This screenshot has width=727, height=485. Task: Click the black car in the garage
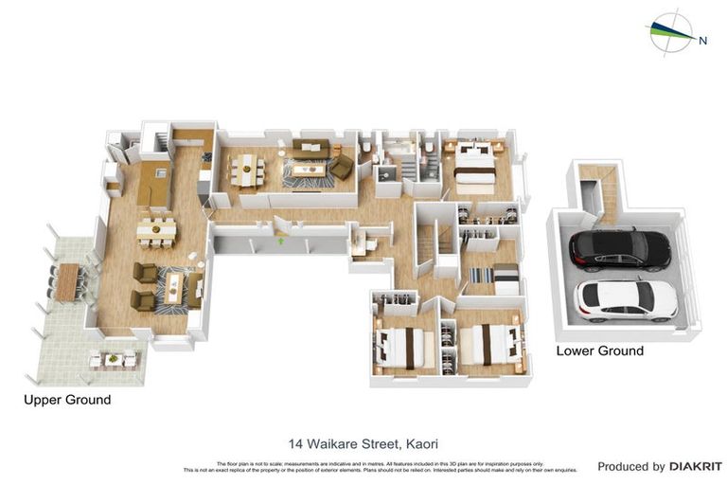click(619, 250)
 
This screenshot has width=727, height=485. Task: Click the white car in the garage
click(626, 298)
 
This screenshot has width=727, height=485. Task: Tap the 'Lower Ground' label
click(599, 351)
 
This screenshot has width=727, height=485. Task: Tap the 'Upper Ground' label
click(67, 401)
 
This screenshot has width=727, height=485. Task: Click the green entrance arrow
click(281, 242)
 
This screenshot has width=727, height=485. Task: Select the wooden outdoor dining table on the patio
click(67, 282)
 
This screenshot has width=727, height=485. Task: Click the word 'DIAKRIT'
click(696, 467)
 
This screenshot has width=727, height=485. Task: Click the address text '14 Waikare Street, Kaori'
click(363, 443)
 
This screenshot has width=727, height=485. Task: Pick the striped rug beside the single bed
click(479, 275)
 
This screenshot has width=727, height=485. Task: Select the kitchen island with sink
click(153, 184)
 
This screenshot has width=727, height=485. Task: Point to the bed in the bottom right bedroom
click(488, 343)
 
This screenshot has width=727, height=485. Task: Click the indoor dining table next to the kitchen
click(156, 231)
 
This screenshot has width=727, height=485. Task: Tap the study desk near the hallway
click(361, 244)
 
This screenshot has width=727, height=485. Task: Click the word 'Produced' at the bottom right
click(630, 467)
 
